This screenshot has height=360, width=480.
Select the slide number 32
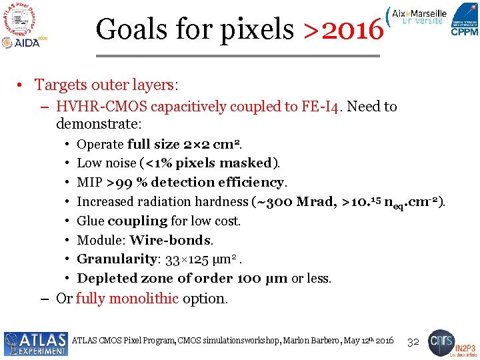tap(413, 341)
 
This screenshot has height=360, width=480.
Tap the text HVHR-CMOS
tap(102, 107)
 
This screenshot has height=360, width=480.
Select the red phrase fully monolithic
tap(127, 299)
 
